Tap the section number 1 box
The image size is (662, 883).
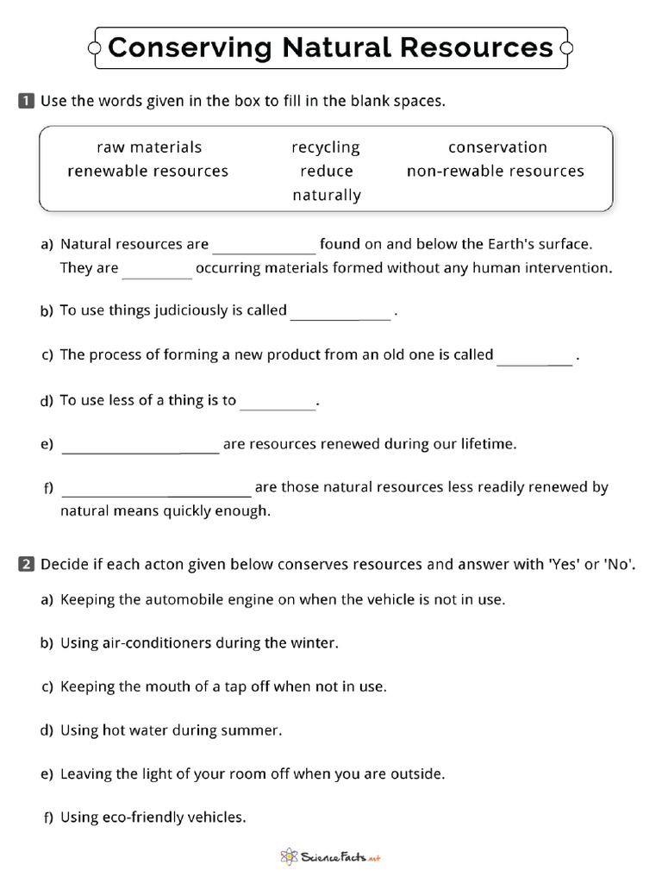coord(25,101)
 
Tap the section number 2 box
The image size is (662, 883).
coord(25,565)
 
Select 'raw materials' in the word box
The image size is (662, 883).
coord(149,147)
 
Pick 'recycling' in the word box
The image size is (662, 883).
coord(326,147)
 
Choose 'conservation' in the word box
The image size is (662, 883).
coord(497,147)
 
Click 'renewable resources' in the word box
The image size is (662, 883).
coord(148,171)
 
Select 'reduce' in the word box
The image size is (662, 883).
coord(327,171)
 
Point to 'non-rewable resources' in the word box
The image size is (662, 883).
coord(496,171)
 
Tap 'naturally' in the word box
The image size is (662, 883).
coord(327,195)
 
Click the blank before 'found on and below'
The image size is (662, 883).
coord(265,248)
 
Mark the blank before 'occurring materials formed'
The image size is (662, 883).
coord(157,272)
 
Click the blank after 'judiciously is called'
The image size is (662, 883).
coord(340,315)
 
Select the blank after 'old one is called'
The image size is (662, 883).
coord(534,359)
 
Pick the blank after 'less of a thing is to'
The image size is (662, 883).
coord(278,404)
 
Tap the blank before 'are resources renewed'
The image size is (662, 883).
coord(141,448)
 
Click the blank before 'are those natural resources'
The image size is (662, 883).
coord(156,492)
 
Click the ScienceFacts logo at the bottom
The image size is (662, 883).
coord(331,857)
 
